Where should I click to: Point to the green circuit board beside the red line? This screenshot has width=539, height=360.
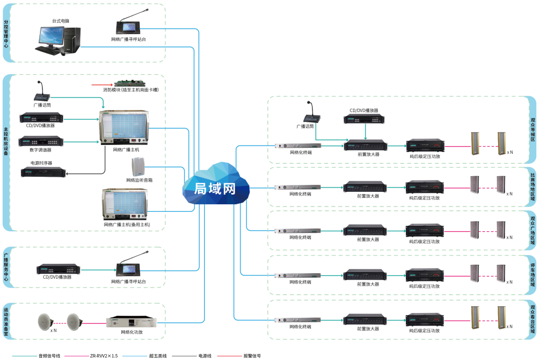coord(130,84)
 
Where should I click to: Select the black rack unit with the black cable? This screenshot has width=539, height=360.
coord(43,172)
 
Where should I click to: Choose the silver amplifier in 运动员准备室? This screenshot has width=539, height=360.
coord(132,322)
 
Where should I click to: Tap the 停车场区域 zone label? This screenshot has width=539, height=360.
coord(532,275)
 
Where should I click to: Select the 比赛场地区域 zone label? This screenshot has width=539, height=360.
coord(532,186)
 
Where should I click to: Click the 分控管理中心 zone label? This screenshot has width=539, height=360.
coord(6,34)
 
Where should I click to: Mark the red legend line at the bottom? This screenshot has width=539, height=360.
coord(230,356)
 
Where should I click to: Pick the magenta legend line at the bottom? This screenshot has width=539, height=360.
coord(77,356)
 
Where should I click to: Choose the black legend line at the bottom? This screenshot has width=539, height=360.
coord(184,356)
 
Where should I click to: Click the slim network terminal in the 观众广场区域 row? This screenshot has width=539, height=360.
coord(298,231)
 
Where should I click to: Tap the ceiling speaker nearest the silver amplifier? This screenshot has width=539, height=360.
coord(74,322)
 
